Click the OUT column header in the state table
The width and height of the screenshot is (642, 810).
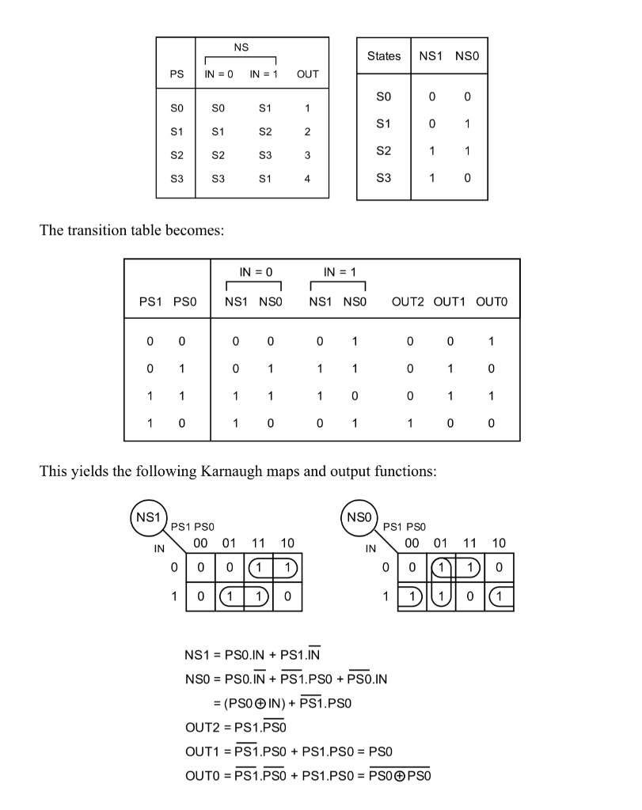click(307, 74)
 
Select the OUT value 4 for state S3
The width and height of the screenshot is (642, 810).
click(307, 179)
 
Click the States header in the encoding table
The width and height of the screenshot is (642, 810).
click(384, 57)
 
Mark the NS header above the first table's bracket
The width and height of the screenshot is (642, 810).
click(241, 48)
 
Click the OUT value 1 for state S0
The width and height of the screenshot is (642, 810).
click(307, 108)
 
